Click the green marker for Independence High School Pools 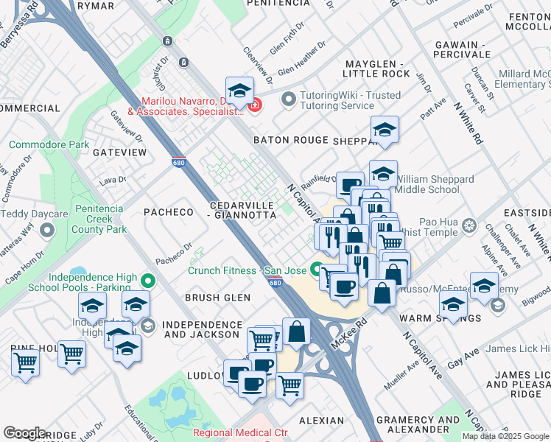[x=148, y=280]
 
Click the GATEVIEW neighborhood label [x=120, y=152]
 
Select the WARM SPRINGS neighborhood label [x=440, y=318]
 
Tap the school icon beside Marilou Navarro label [x=239, y=91]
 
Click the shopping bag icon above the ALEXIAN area [x=296, y=332]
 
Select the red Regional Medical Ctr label [x=240, y=433]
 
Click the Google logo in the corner [x=24, y=433]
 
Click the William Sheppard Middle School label [x=435, y=184]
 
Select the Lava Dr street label [x=113, y=179]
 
